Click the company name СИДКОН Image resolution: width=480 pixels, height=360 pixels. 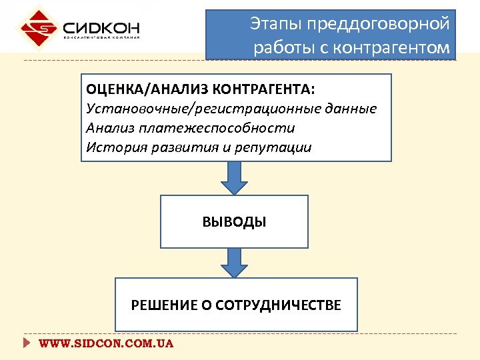[x=101, y=29]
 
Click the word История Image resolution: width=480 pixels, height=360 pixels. [x=111, y=147]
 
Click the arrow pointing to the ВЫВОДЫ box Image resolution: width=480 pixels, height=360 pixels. [x=233, y=178]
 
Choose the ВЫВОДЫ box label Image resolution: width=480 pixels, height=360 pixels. [x=234, y=222]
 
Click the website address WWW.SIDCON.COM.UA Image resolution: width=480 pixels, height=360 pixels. [x=106, y=344]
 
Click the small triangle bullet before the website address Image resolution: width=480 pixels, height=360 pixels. [x=27, y=344]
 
